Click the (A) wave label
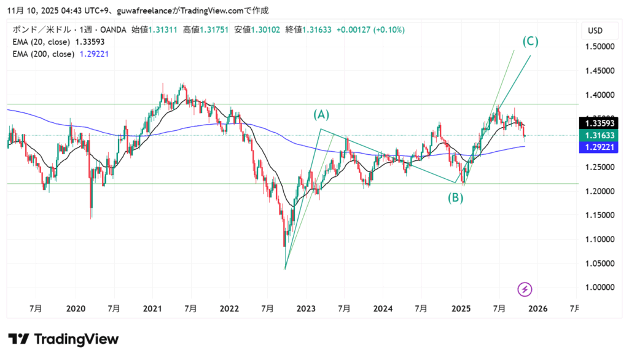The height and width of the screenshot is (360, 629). tap(322, 114)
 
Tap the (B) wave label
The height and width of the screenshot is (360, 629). tap(455, 197)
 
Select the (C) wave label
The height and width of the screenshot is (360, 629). tap(531, 42)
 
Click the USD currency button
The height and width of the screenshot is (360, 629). tap(595, 31)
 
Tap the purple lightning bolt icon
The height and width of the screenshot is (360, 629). tap(525, 289)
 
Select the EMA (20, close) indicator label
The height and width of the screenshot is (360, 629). tap(41, 42)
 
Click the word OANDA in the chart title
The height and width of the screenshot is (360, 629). tap(111, 30)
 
